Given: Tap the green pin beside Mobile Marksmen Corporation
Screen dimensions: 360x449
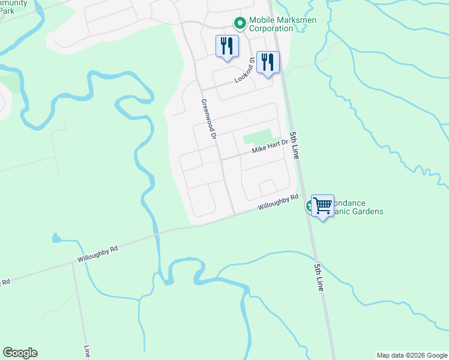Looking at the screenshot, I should click(240, 24).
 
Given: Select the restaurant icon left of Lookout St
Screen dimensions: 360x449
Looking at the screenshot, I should click(227, 46).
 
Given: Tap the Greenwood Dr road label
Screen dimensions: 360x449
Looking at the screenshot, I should click(208, 119).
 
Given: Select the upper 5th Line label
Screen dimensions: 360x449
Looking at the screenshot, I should click(294, 145).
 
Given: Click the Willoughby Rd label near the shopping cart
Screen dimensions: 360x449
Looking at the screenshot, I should click(279, 202).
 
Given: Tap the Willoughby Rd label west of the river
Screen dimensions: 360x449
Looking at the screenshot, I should click(97, 254).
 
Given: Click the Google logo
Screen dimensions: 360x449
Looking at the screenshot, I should click(20, 353).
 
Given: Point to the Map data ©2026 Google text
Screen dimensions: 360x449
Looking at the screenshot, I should click(412, 355).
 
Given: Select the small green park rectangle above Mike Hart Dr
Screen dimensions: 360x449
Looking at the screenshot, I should click(257, 138).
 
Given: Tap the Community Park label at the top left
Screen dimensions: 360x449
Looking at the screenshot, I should click(13, 7).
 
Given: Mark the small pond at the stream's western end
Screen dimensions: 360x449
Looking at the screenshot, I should click(56, 239).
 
